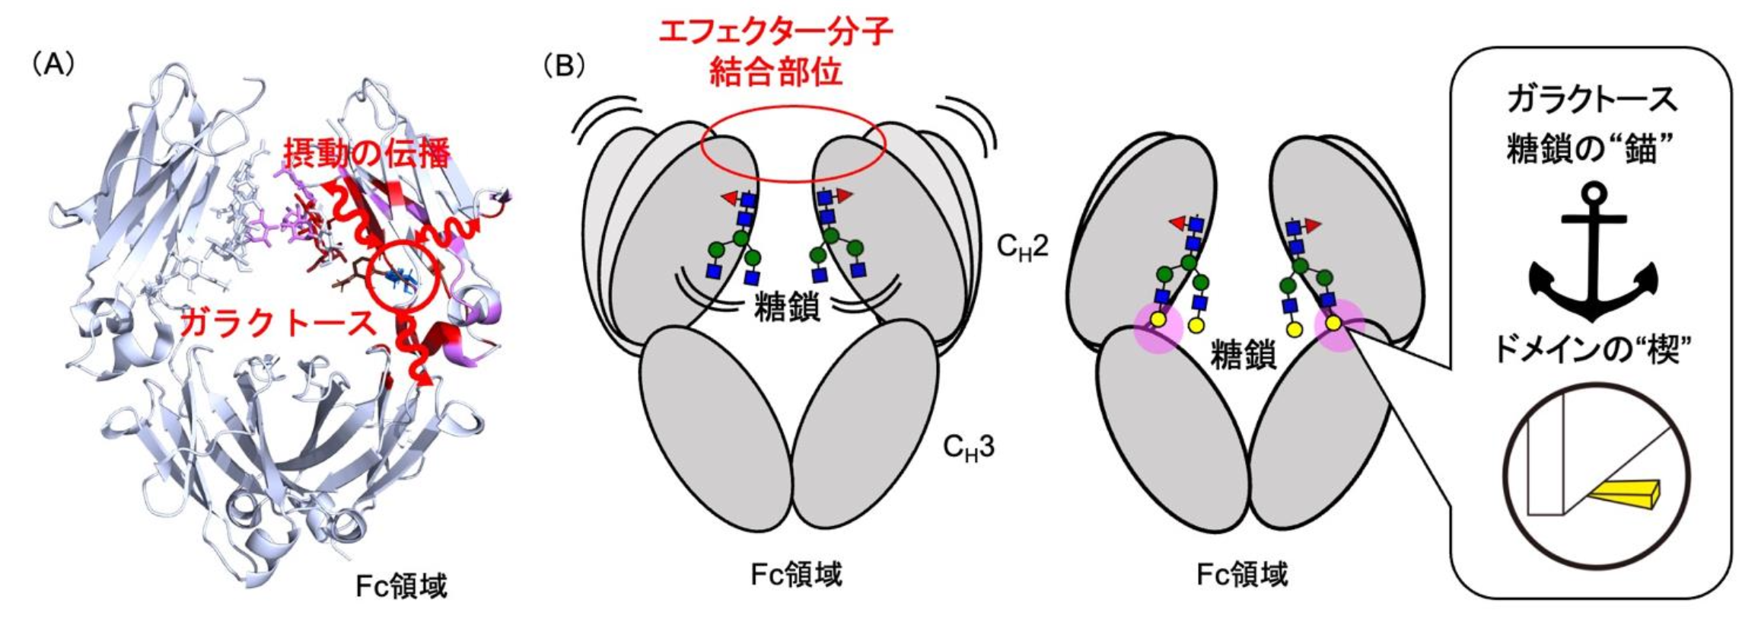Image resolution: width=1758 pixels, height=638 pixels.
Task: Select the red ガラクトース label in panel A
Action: coord(279,324)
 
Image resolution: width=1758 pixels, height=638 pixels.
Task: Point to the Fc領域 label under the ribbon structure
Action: coord(401,586)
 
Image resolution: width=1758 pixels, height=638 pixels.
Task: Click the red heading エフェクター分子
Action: coord(775,33)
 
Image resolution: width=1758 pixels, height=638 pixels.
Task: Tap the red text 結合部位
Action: coord(775,73)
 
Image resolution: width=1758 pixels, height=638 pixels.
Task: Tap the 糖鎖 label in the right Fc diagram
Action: coord(1242,355)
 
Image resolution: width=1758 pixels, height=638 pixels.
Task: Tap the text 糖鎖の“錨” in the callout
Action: coord(1592,149)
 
